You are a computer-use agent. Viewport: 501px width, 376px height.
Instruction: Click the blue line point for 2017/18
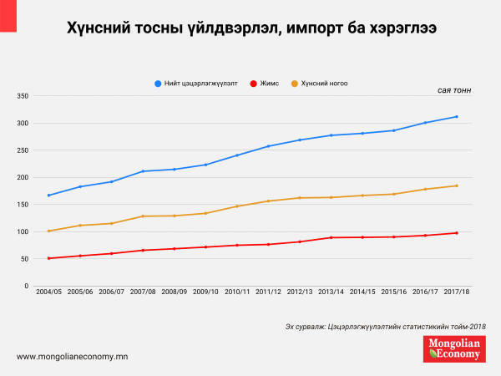click(x=457, y=116)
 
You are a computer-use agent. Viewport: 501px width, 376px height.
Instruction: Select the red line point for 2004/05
click(x=49, y=258)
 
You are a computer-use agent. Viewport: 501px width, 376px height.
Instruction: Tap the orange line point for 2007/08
click(x=143, y=216)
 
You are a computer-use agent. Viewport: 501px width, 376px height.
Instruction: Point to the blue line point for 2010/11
click(x=237, y=155)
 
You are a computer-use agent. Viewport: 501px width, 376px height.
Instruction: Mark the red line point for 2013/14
click(x=331, y=238)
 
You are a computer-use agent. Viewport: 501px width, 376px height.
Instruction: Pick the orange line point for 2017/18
click(x=457, y=185)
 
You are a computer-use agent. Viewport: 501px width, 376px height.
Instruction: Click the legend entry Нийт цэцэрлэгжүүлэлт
click(x=196, y=84)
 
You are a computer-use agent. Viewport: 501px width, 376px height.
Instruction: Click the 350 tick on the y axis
click(x=23, y=96)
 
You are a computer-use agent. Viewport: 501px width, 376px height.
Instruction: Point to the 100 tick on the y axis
click(x=23, y=231)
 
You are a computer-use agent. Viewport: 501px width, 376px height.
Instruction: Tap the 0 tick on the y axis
click(x=28, y=286)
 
